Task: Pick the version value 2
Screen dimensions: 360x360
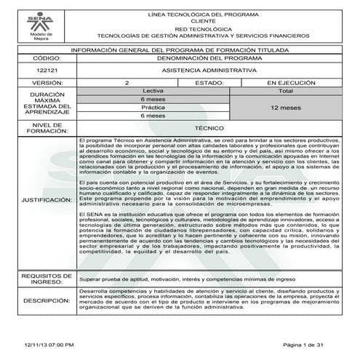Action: click(x=127, y=83)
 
